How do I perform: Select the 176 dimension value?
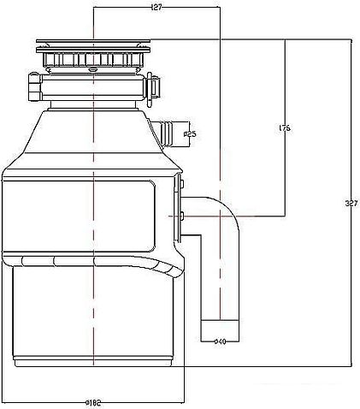click(285, 128)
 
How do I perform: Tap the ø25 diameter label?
click(191, 133)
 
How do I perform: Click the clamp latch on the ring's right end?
click(155, 86)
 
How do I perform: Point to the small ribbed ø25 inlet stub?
click(166, 131)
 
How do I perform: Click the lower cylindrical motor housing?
click(94, 317)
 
